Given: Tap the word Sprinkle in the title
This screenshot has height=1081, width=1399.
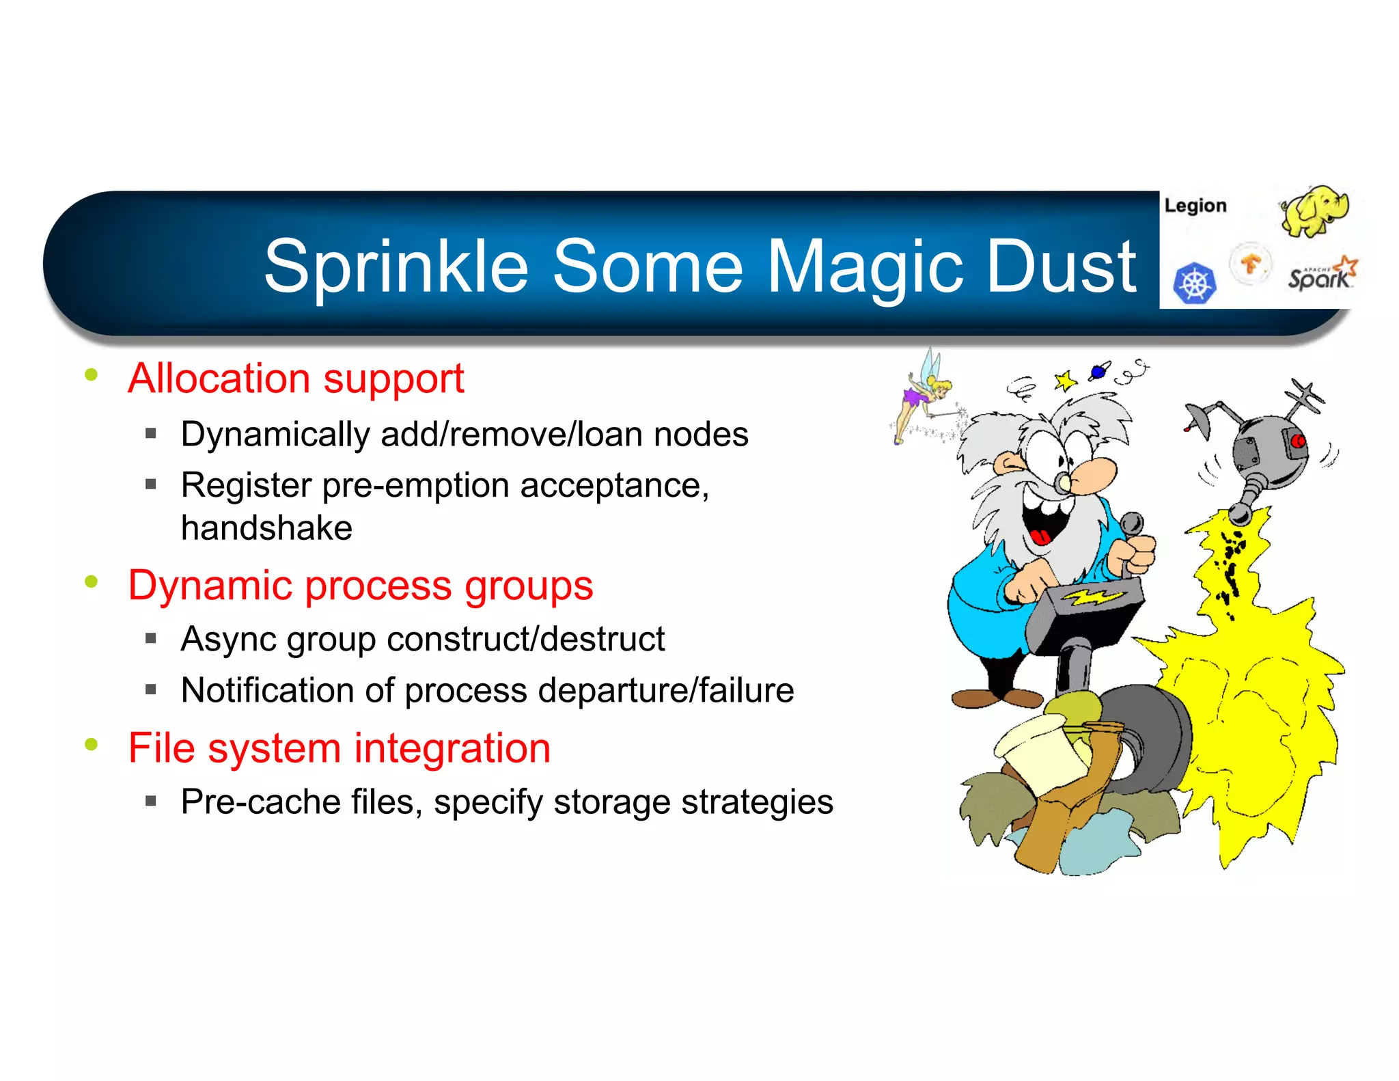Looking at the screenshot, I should click(x=396, y=268).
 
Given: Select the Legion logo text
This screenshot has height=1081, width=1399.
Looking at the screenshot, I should click(x=1195, y=206).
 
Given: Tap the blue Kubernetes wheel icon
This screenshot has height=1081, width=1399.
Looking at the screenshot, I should click(x=1195, y=283).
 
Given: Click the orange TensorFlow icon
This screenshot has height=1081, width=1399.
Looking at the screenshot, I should click(x=1251, y=263).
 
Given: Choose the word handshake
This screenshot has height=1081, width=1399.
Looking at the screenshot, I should click(x=266, y=528).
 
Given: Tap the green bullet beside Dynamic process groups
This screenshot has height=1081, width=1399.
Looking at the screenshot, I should click(x=92, y=582).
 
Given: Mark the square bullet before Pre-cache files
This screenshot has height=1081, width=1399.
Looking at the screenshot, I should click(x=151, y=800).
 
